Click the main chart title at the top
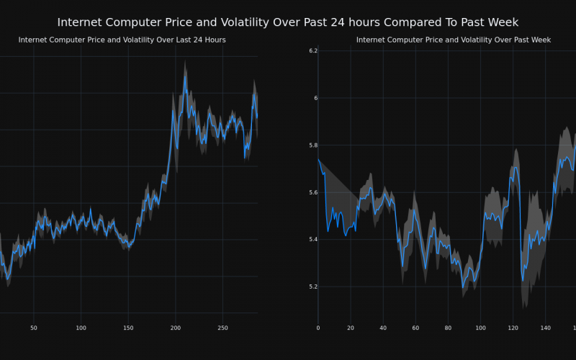point(287,22)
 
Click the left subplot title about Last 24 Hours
point(122,40)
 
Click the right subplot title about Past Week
point(453,40)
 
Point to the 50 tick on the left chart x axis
point(34,328)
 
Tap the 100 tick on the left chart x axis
point(81,328)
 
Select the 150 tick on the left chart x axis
point(128,328)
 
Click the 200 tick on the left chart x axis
point(176,328)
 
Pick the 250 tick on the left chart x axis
point(222,328)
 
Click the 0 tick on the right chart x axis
point(318,328)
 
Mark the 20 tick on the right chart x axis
point(351,328)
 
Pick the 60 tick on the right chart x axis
point(415,328)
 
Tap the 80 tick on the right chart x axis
point(448,328)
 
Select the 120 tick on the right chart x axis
point(513,328)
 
